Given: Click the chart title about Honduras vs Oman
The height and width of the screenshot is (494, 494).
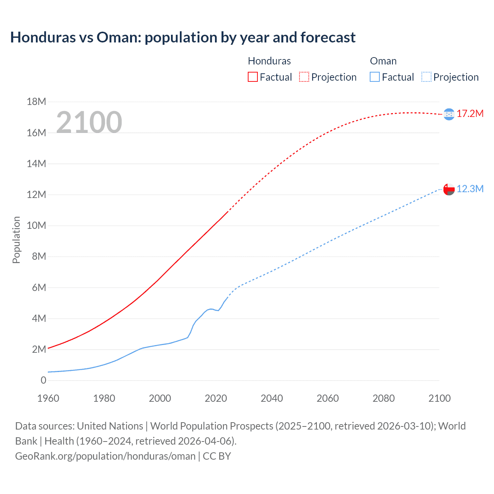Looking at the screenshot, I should point(183,37).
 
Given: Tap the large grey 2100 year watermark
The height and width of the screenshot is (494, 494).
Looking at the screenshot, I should point(89,122).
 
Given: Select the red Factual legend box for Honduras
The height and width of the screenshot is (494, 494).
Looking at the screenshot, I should point(252,77).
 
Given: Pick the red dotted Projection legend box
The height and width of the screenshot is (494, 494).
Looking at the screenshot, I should point(304,77).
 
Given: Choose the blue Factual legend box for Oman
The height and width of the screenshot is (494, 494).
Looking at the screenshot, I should point(374,77).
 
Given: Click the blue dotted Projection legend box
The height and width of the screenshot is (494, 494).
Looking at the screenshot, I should point(426,77).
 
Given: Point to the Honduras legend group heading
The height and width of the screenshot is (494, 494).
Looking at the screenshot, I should point(269,61).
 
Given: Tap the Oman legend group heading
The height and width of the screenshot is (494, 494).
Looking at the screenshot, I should point(383,61).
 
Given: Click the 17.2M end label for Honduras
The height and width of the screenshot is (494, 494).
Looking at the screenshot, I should point(470,113).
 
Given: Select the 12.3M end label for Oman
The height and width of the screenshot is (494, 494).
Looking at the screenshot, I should point(470,189).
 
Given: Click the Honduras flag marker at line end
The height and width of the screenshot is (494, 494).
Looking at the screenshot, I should point(449,114).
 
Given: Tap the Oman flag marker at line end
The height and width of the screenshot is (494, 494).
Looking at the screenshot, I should point(449,189).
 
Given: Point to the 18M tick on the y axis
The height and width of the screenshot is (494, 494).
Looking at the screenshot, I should point(36,102).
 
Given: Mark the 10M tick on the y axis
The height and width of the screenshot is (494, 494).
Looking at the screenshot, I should point(36,225).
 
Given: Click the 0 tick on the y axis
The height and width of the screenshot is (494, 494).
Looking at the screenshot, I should point(43,380).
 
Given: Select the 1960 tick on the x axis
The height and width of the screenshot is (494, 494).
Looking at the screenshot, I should point(48,398).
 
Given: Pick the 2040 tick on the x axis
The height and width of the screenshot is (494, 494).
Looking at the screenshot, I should point(272,398).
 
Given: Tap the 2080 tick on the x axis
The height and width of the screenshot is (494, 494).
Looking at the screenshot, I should point(384,398).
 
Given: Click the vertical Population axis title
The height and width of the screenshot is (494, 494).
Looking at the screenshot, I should point(16,240).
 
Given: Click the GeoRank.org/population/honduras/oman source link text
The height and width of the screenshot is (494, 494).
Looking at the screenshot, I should point(105,456).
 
